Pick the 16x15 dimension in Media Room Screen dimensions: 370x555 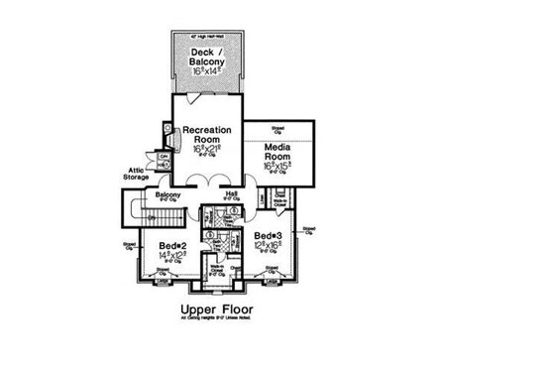[x=277, y=166]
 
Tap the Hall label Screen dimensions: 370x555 [x=231, y=193]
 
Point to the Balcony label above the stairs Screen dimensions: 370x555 [x=166, y=195]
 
